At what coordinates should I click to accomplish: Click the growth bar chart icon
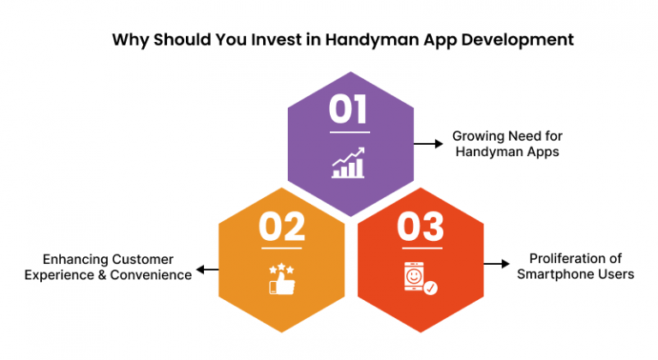(349, 163)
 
